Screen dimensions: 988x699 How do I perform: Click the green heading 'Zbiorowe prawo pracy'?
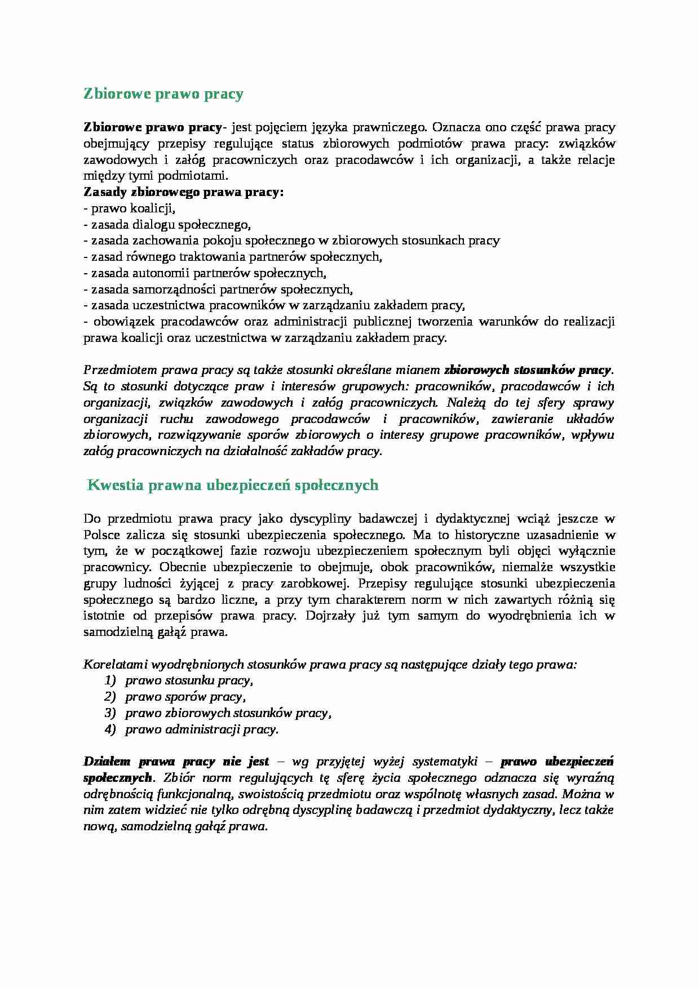pyautogui.click(x=163, y=94)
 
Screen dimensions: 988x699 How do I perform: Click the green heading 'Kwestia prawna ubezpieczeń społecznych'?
pyautogui.click(x=233, y=485)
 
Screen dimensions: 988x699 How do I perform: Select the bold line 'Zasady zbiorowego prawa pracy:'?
pyautogui.click(x=183, y=192)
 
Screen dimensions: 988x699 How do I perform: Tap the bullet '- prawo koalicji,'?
pyautogui.click(x=130, y=208)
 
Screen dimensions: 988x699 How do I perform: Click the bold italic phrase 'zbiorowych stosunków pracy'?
pyautogui.click(x=527, y=370)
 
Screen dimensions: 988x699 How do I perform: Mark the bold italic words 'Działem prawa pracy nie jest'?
pyautogui.click(x=176, y=762)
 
